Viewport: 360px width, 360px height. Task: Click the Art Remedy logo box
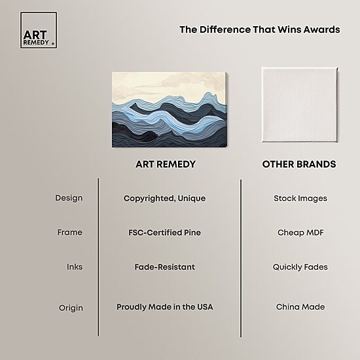[x=39, y=30]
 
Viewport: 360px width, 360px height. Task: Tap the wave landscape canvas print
[x=170, y=109]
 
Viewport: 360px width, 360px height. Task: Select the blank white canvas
[x=300, y=105]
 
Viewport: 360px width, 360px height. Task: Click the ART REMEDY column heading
[x=166, y=164]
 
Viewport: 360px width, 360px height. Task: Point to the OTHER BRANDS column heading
[x=299, y=164]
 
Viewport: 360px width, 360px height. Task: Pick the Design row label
[x=69, y=198]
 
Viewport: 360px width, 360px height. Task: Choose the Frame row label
[x=70, y=232]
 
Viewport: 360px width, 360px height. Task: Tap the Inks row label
[x=75, y=267]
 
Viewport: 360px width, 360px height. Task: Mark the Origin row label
[x=71, y=308]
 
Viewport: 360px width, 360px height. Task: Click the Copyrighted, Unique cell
[x=164, y=198]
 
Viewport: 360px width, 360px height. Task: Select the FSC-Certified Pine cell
[x=164, y=232]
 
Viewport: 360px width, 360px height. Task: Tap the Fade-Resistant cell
[x=164, y=267]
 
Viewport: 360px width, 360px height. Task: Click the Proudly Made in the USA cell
[x=164, y=307]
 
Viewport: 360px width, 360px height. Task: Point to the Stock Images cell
[x=300, y=198]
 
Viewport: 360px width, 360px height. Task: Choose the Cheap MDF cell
[x=300, y=232]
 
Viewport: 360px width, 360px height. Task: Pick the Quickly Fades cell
[x=300, y=267]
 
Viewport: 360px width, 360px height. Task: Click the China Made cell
[x=300, y=307]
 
